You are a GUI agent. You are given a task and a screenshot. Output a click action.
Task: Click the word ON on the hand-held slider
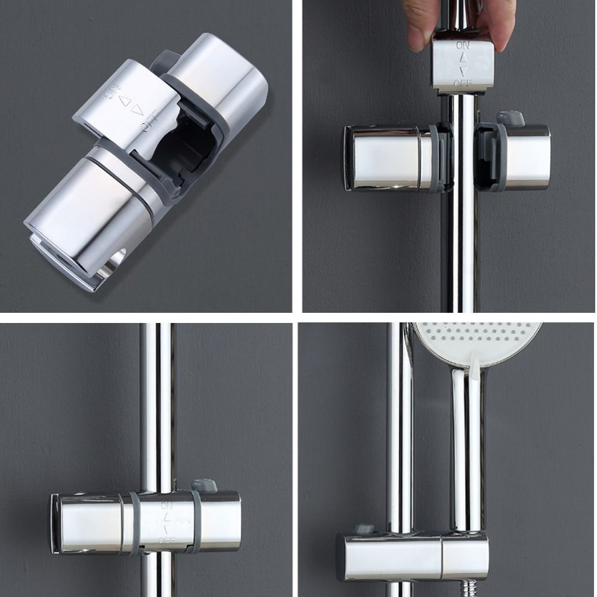[463, 45]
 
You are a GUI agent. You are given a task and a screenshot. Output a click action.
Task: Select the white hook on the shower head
[475, 365]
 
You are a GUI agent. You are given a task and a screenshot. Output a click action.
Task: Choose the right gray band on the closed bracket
[196, 522]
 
